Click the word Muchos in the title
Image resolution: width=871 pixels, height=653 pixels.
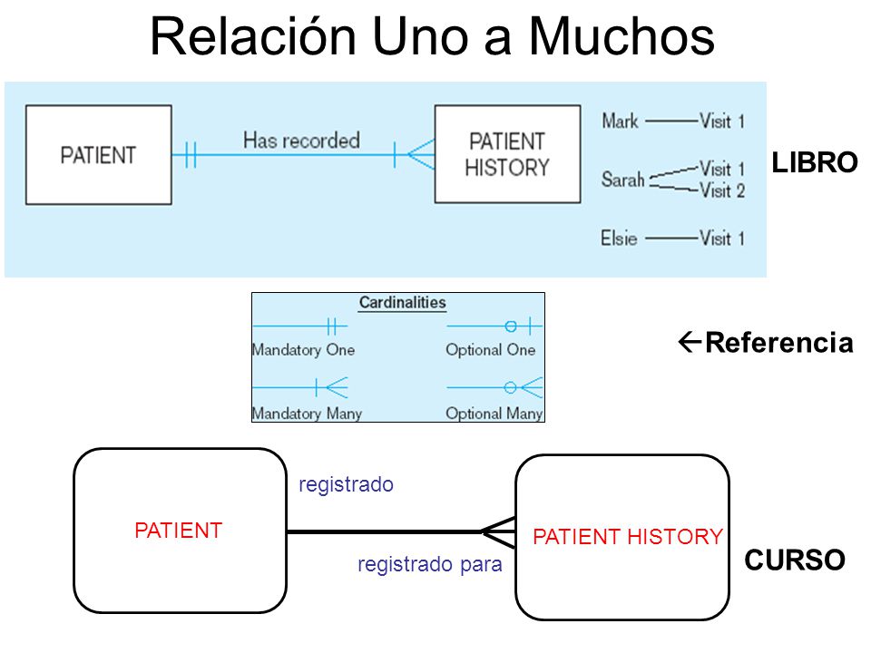(621, 36)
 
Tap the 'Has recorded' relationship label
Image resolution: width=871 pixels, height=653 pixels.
(301, 141)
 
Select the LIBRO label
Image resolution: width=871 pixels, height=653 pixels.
(815, 162)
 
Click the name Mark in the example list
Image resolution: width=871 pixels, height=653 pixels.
(620, 121)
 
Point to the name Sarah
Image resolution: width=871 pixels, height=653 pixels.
(622, 180)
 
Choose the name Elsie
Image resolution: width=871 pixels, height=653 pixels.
(618, 239)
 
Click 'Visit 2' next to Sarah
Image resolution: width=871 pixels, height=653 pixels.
(722, 190)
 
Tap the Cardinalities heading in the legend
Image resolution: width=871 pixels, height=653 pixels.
(403, 303)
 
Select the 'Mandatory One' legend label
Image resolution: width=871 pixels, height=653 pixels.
(303, 350)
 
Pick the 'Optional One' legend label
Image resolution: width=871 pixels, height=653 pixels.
(491, 350)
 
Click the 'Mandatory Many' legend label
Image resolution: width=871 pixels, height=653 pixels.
(308, 414)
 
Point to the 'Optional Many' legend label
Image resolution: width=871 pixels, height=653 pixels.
(494, 414)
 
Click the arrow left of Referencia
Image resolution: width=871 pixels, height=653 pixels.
(690, 342)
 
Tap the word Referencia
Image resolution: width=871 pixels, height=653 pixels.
(779, 342)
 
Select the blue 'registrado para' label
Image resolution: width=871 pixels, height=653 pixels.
(430, 564)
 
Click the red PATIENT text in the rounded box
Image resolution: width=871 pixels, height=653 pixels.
(179, 531)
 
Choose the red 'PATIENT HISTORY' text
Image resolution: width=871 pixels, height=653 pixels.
(628, 537)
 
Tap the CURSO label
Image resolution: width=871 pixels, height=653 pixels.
(795, 560)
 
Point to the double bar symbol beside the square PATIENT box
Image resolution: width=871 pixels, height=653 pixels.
(191, 155)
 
